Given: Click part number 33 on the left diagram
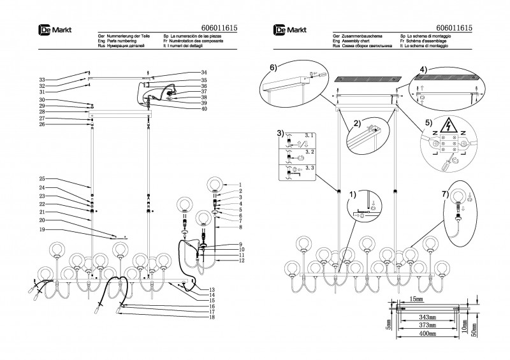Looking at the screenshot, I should click(41, 79).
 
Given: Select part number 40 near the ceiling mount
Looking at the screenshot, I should click(204, 109).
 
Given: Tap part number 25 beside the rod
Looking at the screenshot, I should click(41, 179).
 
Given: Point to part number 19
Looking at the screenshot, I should click(41, 229).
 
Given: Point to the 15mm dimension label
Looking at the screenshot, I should click(416, 299).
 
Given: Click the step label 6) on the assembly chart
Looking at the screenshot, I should click(273, 67).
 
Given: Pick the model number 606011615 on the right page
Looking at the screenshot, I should click(453, 29).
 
